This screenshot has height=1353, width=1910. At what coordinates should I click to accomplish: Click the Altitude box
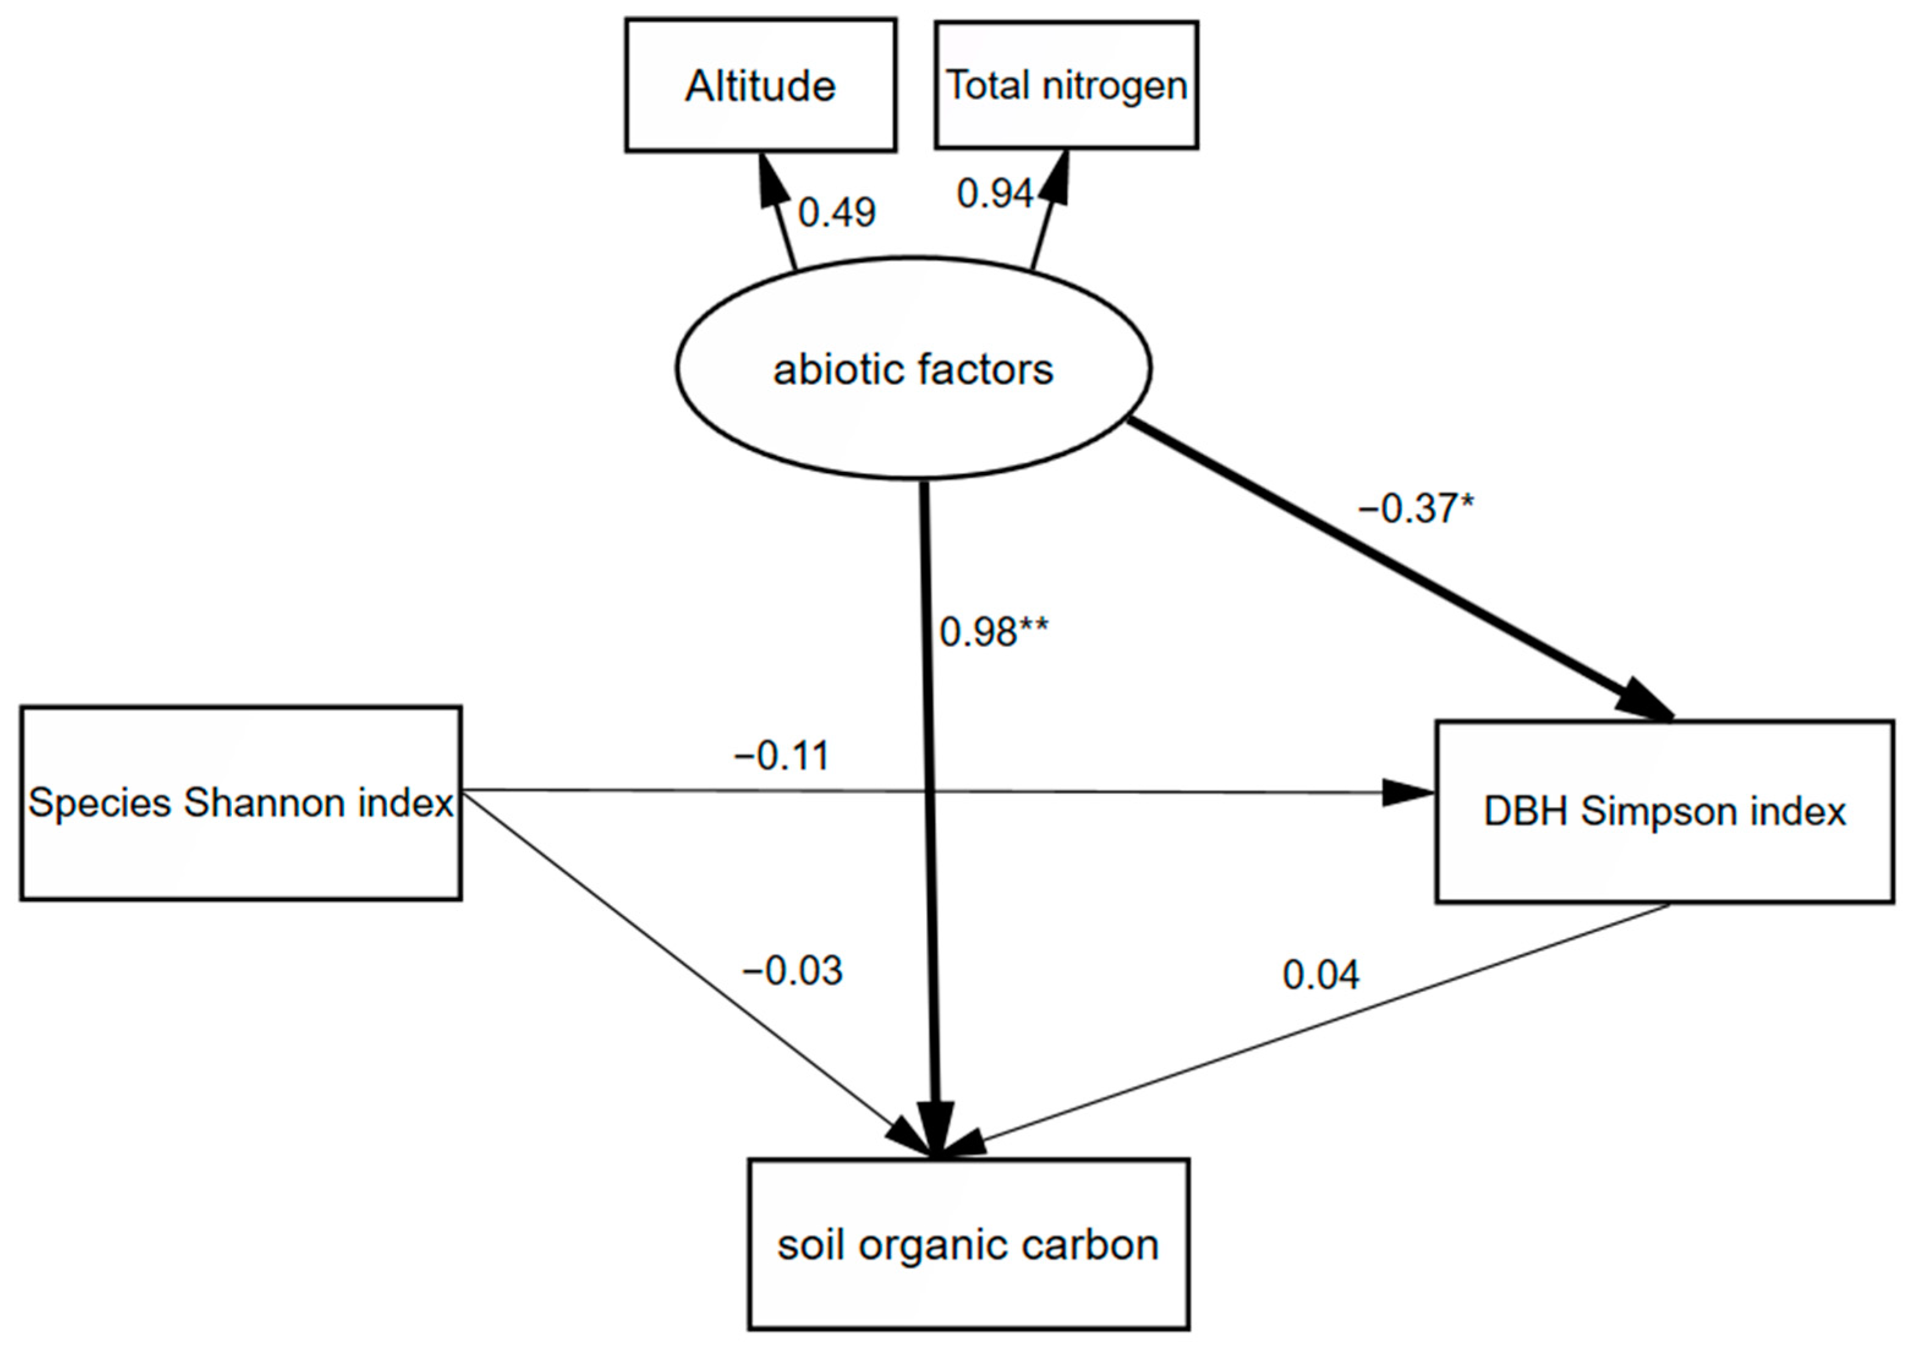[760, 85]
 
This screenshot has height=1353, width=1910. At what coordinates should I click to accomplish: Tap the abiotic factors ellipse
[913, 369]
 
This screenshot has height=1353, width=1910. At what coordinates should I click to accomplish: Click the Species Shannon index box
[240, 803]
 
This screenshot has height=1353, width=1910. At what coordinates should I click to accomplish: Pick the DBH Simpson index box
[1664, 812]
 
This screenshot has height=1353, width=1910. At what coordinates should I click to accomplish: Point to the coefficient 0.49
[836, 213]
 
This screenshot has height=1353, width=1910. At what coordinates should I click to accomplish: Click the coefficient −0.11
[781, 756]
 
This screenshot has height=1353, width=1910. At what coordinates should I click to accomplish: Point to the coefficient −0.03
[792, 970]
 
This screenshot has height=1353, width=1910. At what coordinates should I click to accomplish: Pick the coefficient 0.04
[1321, 975]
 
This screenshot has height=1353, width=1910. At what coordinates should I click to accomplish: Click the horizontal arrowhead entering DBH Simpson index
[1407, 792]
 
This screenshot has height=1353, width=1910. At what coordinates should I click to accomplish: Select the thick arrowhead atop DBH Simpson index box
[1643, 698]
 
